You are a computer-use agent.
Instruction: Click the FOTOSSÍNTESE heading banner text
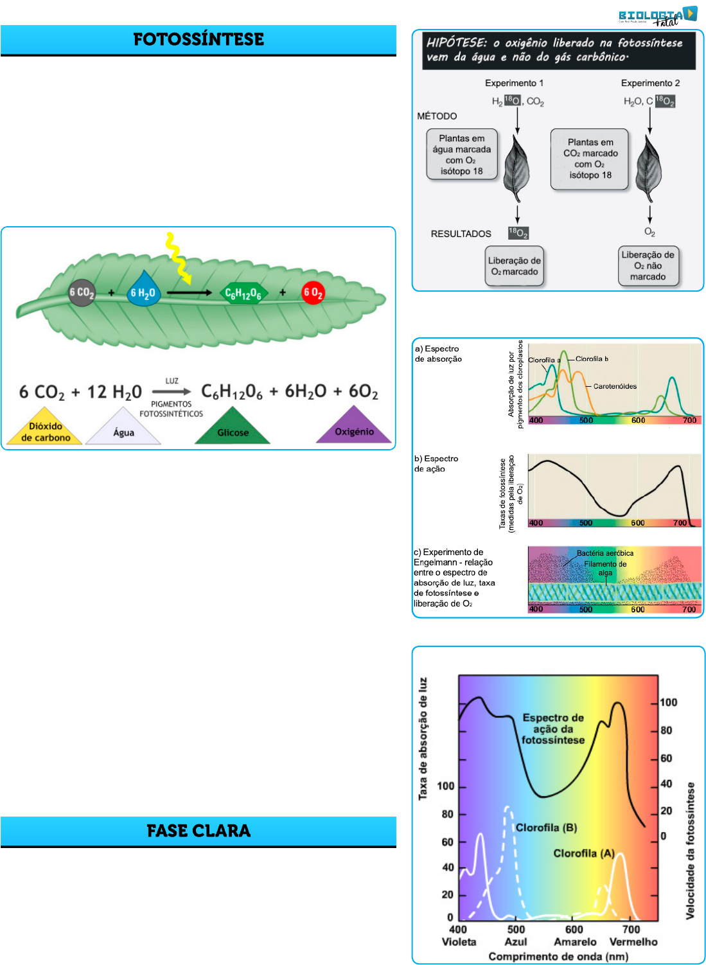tap(199, 39)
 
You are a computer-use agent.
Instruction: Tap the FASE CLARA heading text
tap(199, 831)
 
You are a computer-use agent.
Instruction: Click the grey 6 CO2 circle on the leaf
tap(82, 292)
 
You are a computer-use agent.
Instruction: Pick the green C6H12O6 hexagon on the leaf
tap(242, 294)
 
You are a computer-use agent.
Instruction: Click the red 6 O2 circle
tap(313, 293)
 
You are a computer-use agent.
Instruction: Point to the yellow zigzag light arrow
tap(178, 258)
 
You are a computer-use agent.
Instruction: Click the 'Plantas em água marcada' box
tap(461, 154)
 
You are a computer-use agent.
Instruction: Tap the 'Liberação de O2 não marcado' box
tap(648, 265)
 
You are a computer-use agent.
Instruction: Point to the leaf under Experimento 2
tap(649, 169)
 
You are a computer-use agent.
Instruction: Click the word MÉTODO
tap(437, 116)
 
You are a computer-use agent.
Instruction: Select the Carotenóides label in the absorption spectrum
tap(615, 386)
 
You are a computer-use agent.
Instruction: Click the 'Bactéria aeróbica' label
tap(605, 553)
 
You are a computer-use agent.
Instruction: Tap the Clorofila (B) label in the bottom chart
tap(546, 828)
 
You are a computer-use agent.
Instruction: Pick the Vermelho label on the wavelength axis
tap(633, 942)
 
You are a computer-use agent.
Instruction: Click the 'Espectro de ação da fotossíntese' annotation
tap(552, 729)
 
